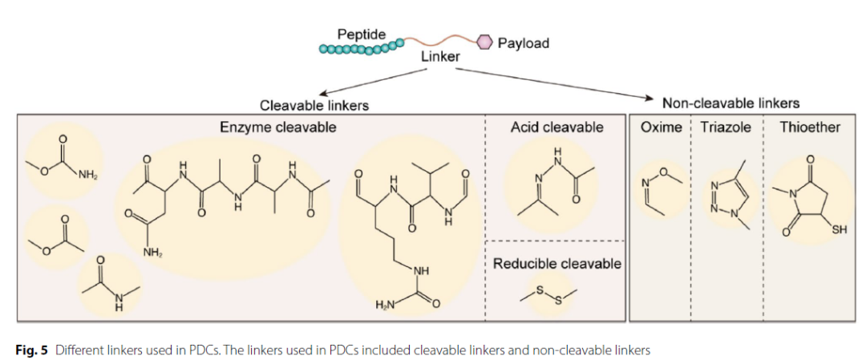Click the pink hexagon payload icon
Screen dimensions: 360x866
tap(484, 42)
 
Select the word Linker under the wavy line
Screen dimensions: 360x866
tap(440, 57)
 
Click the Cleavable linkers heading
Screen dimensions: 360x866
tap(319, 104)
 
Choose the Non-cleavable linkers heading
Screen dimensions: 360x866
tap(730, 103)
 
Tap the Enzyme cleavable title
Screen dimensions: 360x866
tap(277, 127)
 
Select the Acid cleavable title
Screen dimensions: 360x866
tap(556, 127)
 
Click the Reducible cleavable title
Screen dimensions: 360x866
tap(557, 263)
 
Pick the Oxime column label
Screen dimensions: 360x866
tap(662, 127)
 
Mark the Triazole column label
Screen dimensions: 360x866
tap(726, 127)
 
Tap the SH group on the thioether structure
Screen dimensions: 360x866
tap(838, 231)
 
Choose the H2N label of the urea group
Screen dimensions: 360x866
tap(386, 305)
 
